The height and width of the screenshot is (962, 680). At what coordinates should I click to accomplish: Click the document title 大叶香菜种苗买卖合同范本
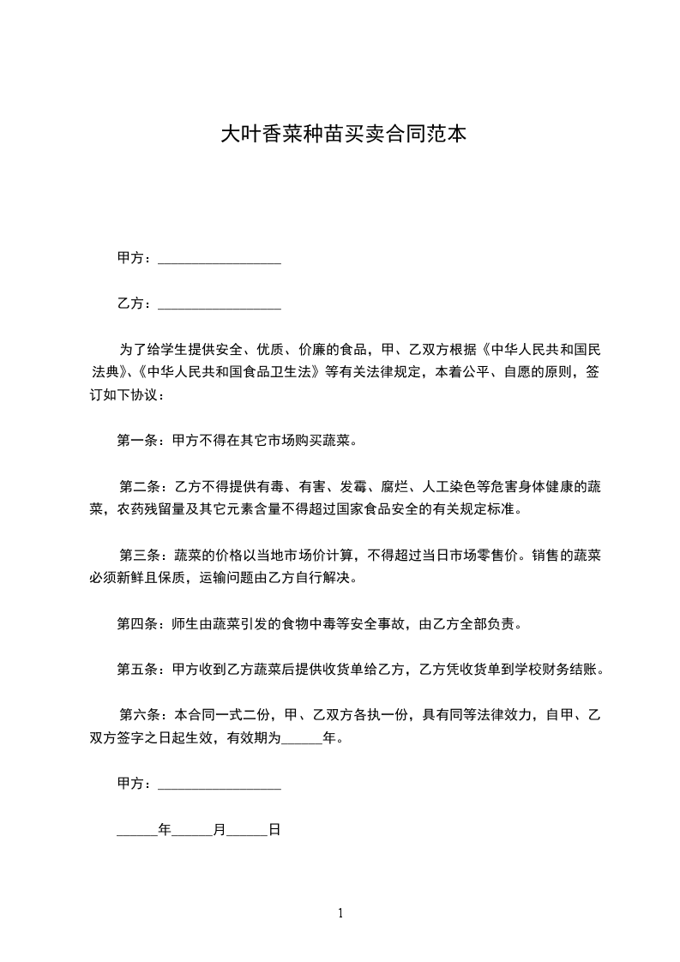pos(344,134)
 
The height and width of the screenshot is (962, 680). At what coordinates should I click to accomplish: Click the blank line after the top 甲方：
pos(220,259)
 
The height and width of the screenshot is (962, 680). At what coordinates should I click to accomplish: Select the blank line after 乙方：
pos(220,304)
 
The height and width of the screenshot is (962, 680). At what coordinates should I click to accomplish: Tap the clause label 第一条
pos(135,442)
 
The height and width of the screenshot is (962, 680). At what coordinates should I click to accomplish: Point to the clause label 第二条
pos(136,487)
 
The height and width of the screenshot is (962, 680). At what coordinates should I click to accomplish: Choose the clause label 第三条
pos(136,556)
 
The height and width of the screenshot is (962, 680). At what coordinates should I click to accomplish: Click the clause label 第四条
pos(135,624)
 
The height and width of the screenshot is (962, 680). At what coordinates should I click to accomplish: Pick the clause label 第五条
pos(135,670)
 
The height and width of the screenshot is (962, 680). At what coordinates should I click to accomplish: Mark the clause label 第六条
pos(136,715)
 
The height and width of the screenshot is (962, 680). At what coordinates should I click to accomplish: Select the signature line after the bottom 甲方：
pos(220,785)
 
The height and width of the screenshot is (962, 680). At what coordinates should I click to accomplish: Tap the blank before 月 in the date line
pos(193,830)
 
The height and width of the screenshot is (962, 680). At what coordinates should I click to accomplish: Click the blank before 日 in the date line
pos(248,830)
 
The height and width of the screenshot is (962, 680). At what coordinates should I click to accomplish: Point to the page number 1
pos(340,913)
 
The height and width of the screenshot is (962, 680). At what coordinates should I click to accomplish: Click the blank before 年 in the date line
pos(137,830)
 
